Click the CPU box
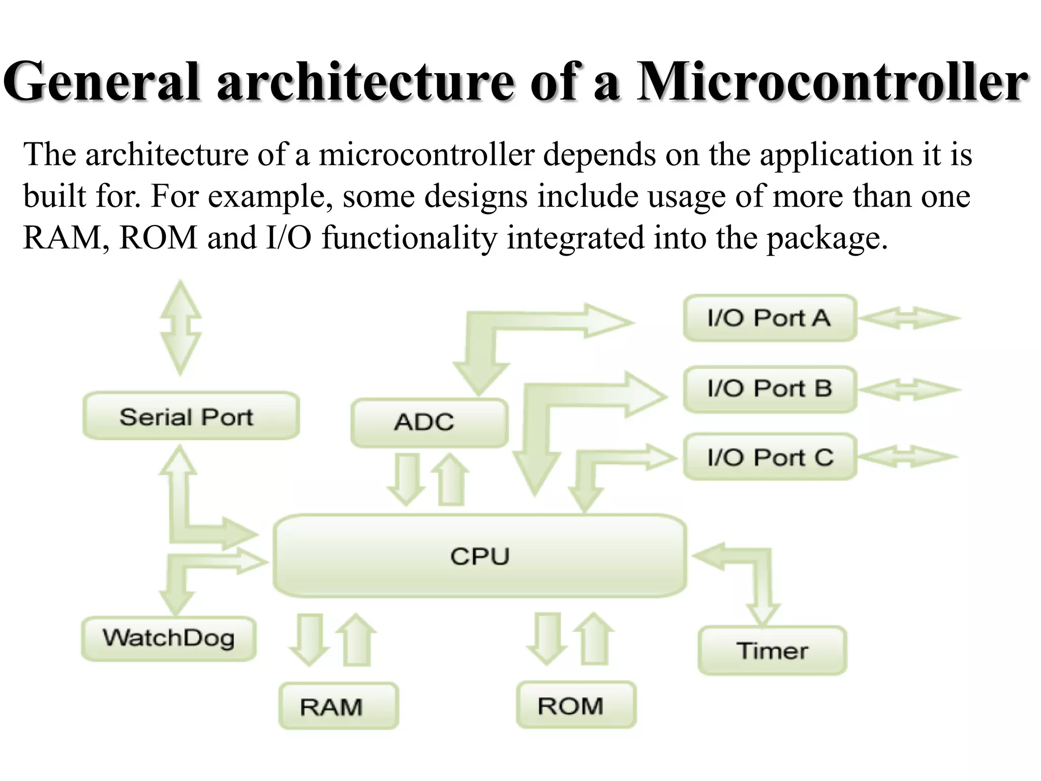pos(480,556)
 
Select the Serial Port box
pos(191,416)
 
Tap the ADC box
pos(429,423)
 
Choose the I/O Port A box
pos(770,318)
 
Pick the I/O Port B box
pos(770,389)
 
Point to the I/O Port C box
pos(770,457)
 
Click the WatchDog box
pos(168,639)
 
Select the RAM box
pos(339,706)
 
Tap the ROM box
pos(576,705)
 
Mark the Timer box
pos(772,651)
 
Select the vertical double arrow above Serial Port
pos(181,328)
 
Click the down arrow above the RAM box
pos(309,640)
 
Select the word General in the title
pos(102,81)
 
